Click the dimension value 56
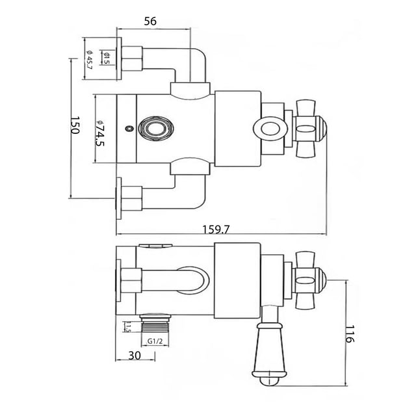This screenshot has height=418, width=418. (150, 21)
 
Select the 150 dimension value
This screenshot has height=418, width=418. (75, 125)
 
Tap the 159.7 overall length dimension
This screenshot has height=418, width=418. (216, 229)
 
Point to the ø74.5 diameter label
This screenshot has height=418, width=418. (100, 133)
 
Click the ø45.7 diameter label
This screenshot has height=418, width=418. (89, 60)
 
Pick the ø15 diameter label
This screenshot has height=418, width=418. (107, 58)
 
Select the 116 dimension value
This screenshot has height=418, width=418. (350, 333)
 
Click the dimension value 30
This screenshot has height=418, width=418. (135, 355)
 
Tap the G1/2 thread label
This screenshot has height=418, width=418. (155, 341)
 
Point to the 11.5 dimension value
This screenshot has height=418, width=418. (127, 326)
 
